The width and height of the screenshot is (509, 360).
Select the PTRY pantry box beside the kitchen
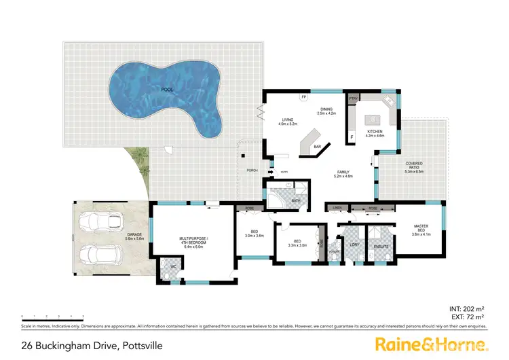pyautogui.click(x=353, y=99)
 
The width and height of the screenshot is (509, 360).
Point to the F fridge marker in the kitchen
pyautogui.click(x=352, y=137)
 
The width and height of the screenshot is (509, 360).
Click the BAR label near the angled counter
pyautogui.click(x=317, y=147)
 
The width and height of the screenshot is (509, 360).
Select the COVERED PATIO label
pyautogui.click(x=414, y=165)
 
